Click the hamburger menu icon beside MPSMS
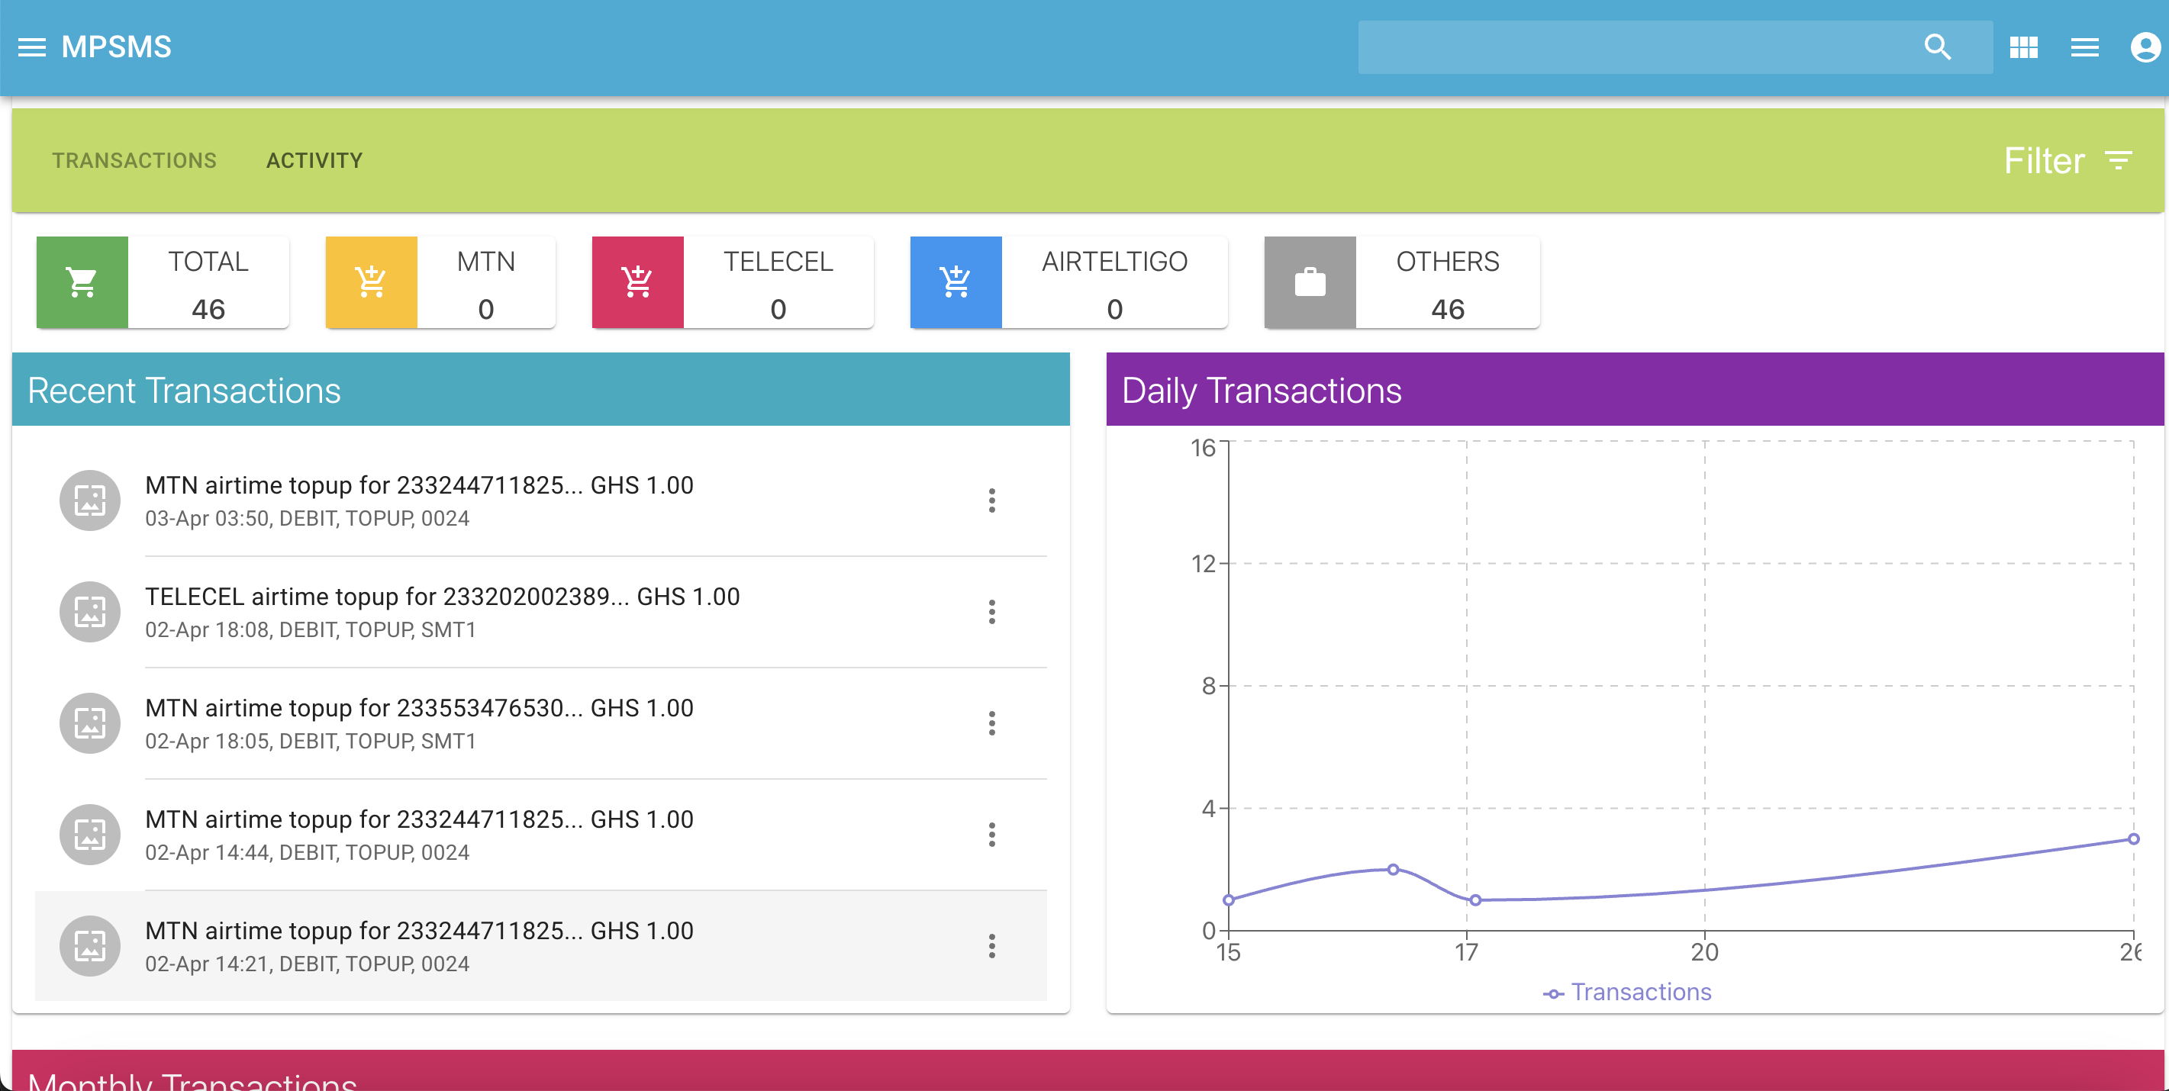[x=32, y=47]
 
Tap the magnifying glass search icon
[x=1938, y=47]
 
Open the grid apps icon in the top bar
[x=2023, y=47]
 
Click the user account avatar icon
[x=2145, y=47]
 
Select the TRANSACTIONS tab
[x=135, y=161]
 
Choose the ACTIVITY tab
[x=314, y=161]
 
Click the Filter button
[x=2067, y=161]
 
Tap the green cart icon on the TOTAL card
[x=82, y=282]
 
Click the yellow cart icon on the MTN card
[x=372, y=282]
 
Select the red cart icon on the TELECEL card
[x=637, y=282]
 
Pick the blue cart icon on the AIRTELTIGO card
[x=956, y=282]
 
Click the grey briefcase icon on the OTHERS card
[x=1310, y=282]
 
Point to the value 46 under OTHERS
[x=1448, y=310]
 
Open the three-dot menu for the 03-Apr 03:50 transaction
[x=992, y=501]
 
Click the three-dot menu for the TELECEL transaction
[x=992, y=612]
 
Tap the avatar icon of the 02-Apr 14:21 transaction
[x=90, y=946]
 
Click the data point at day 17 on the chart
[x=1475, y=900]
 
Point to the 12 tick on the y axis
[x=1204, y=564]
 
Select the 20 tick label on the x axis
[x=1705, y=952]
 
